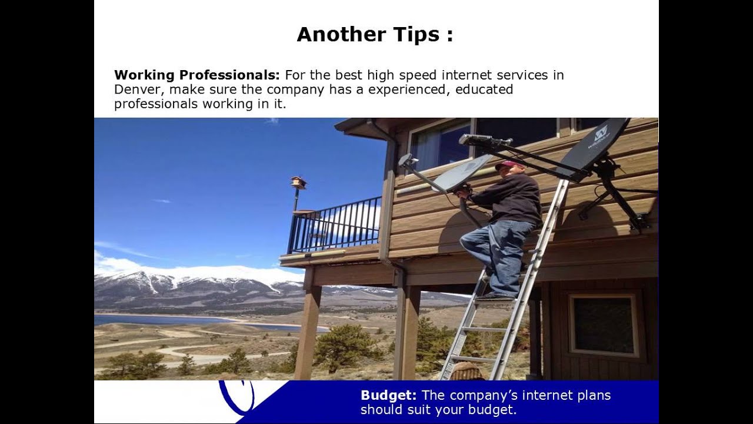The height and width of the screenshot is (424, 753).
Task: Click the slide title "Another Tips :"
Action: point(375,34)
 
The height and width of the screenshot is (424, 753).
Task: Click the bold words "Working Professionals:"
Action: point(196,75)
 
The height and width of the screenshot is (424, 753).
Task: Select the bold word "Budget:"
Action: point(388,395)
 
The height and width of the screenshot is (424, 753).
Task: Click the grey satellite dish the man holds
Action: point(462,173)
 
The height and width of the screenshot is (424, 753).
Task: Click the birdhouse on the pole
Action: point(298,182)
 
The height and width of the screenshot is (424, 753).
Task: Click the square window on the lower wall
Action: point(604,325)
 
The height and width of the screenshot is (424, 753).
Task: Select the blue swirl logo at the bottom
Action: point(238,395)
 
